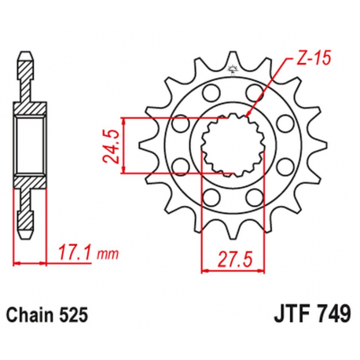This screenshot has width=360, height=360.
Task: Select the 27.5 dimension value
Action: [233, 258]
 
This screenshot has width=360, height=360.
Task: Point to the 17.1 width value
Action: [73, 252]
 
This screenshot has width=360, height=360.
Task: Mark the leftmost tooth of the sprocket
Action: [142, 145]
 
